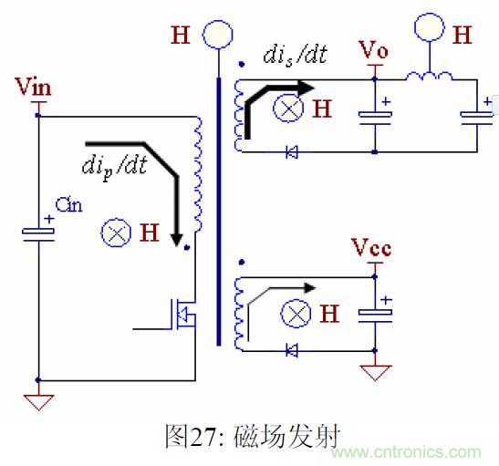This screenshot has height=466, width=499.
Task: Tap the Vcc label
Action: (371, 247)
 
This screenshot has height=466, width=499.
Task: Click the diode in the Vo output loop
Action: (291, 152)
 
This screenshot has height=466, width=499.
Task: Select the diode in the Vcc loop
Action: (291, 349)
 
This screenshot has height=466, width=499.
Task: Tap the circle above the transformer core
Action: (216, 36)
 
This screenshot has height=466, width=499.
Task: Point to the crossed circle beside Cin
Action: (116, 233)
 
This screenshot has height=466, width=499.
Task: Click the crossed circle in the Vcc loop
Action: (295, 316)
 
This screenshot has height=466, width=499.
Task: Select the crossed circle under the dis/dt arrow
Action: (291, 109)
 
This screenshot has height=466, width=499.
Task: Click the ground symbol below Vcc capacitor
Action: (374, 372)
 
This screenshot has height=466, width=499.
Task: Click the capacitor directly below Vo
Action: (374, 116)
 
